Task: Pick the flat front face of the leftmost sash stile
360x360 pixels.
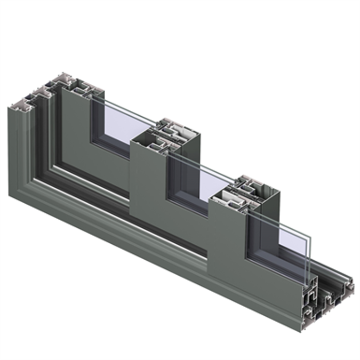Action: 75,133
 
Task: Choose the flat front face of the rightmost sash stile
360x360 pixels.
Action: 227,240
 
